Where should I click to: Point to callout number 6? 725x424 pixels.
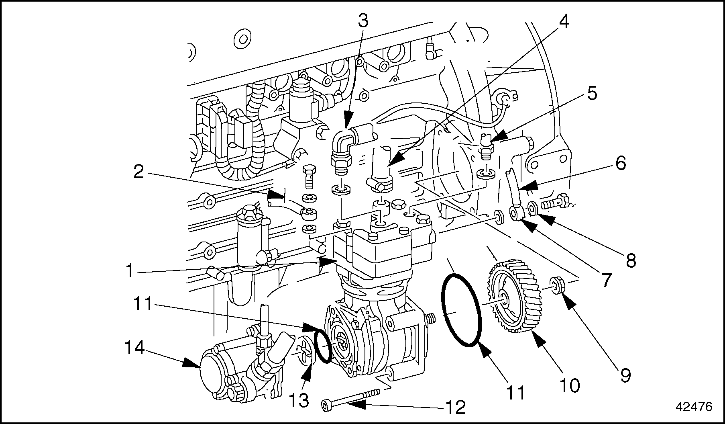[620, 163]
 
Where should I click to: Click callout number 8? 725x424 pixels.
[631, 261]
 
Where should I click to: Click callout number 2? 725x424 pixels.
[138, 173]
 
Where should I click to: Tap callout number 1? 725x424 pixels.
[129, 271]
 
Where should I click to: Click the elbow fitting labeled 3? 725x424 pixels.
[343, 147]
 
